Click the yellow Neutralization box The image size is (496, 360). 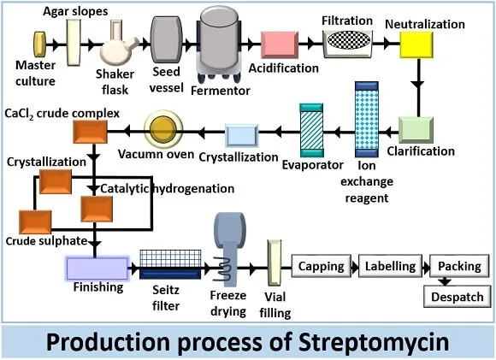coord(416,45)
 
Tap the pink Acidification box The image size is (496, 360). coord(280,45)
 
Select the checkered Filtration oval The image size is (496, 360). coord(348,41)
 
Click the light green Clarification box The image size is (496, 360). coord(416,130)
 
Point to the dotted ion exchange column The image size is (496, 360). coord(367,119)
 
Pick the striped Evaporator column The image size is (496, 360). coord(311,130)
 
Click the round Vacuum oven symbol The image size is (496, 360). coord(163,129)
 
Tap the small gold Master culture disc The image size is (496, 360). coord(40,44)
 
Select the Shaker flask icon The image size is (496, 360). coord(118,43)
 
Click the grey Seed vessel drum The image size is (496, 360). coord(167,39)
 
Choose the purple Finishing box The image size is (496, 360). coord(97,269)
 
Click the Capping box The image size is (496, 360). coord(321,266)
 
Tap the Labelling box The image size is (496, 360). coord(390,266)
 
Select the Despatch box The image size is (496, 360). coord(458,297)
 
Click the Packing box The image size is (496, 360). coord(459,266)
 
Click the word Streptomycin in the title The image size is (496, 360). coord(374,342)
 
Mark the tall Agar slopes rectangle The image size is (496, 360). coord(74,43)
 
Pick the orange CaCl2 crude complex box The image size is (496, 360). coord(90,132)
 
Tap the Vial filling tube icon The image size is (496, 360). coord(274,263)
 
